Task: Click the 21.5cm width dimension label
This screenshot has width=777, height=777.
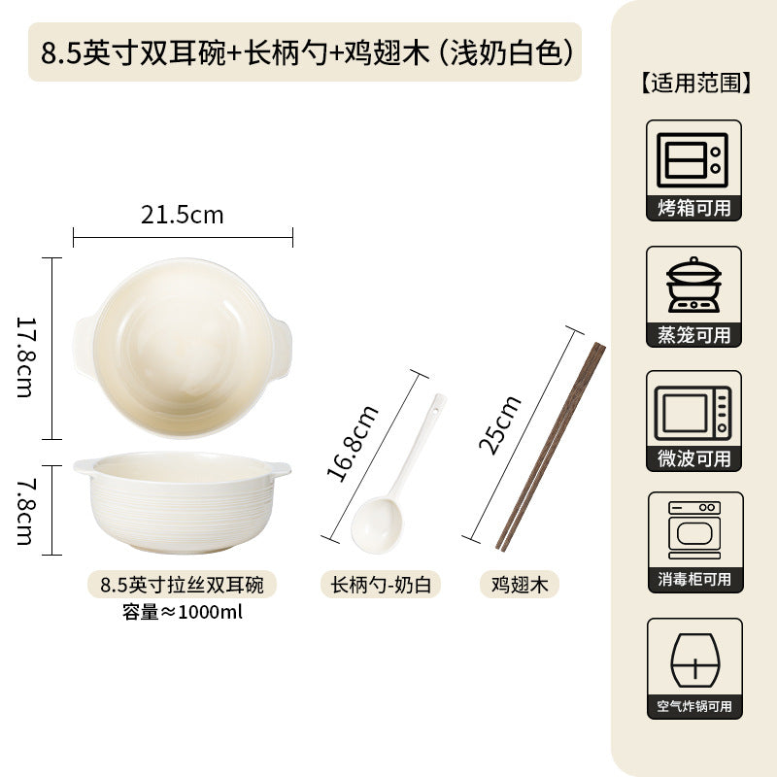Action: coord(183,215)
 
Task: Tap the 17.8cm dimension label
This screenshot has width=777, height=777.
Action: coord(25,356)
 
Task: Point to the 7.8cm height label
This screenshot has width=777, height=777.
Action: coord(25,512)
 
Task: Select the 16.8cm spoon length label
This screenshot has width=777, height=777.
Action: coord(353,444)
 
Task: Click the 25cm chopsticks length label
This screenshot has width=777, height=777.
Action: coord(499,425)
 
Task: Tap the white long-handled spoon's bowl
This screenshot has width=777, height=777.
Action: coord(377,524)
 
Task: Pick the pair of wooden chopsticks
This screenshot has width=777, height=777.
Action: coord(551,447)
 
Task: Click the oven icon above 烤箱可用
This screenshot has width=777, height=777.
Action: coord(693,160)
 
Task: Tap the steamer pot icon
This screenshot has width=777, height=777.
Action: coord(693,285)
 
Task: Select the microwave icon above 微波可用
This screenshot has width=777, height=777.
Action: coord(693,414)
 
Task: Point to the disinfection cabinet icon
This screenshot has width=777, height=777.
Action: coord(694,529)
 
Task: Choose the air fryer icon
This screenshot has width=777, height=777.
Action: coord(694,660)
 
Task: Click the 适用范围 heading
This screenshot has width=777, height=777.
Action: coord(694,83)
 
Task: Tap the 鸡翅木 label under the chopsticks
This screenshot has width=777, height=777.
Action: coord(520,585)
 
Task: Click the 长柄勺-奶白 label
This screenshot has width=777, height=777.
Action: coord(381,585)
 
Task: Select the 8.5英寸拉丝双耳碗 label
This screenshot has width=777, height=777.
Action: coord(182,585)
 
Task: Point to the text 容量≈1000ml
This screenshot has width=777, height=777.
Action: coord(182,612)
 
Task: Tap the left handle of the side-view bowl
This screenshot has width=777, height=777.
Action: coord(84,466)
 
